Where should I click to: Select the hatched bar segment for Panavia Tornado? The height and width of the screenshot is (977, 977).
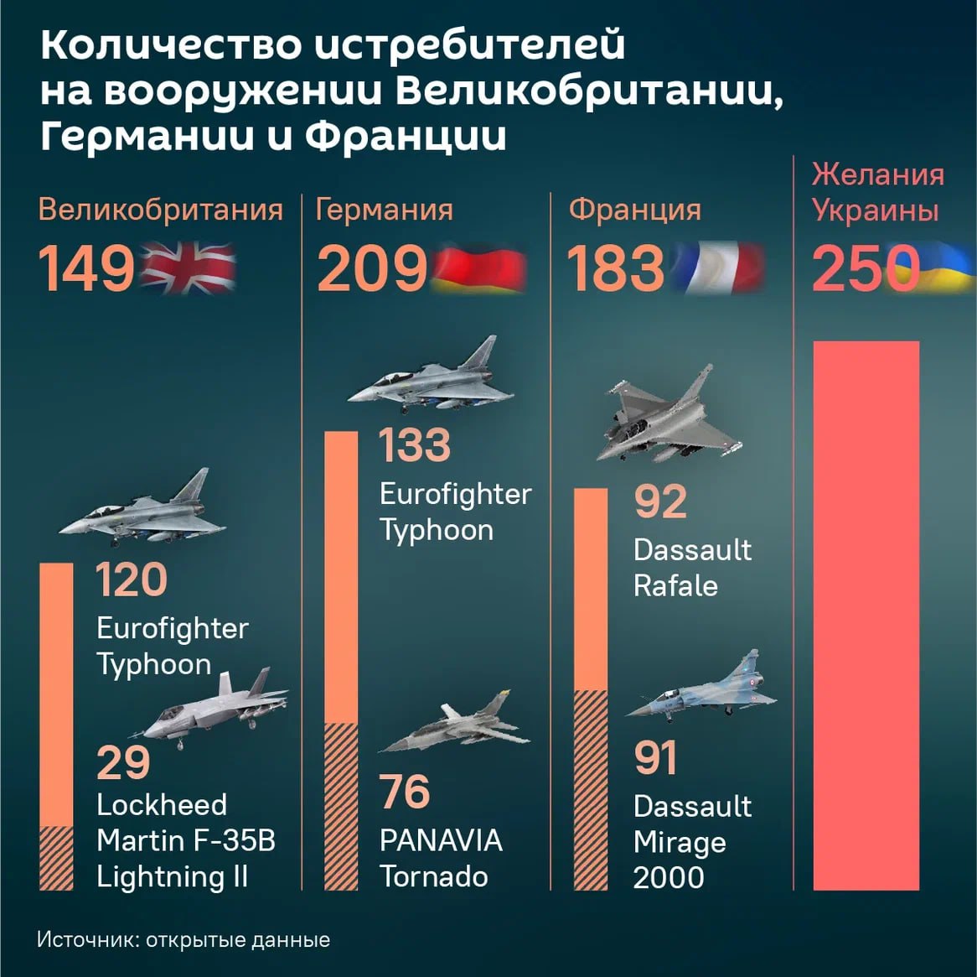(340, 805)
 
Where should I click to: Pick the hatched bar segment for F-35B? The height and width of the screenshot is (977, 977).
(57, 857)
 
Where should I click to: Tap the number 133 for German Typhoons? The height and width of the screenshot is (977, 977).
(414, 444)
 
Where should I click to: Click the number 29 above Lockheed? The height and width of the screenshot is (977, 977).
(123, 762)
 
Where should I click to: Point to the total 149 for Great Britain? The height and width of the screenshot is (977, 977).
(86, 269)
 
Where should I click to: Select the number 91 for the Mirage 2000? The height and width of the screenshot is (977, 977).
(655, 757)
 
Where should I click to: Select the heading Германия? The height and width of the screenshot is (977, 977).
(384, 209)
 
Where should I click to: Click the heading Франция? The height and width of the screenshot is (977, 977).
(634, 209)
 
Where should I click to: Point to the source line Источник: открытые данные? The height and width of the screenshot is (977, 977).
(184, 939)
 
